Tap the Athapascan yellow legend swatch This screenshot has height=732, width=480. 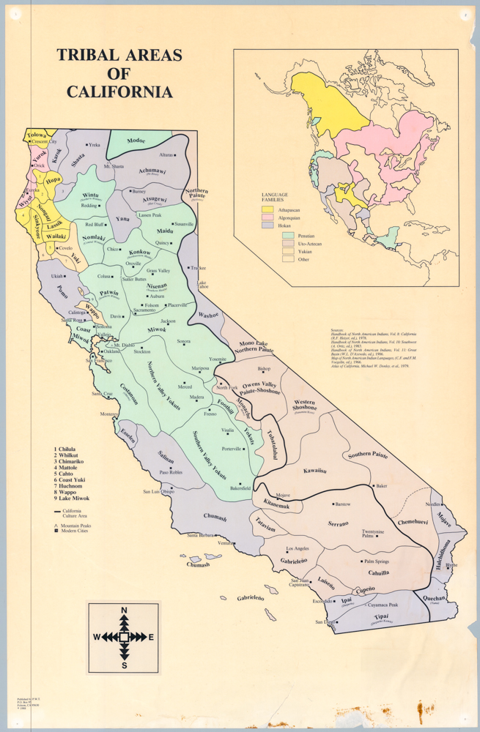point(268,210)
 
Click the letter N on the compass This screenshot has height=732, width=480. point(124,610)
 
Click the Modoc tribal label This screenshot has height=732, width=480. point(136,141)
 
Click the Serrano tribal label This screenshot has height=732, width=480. point(338,523)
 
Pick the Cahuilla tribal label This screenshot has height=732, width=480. point(378,573)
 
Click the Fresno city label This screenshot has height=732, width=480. point(210,414)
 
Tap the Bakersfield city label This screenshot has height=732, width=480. point(239,488)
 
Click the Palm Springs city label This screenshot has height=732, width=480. point(378,561)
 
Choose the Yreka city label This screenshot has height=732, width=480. point(94,146)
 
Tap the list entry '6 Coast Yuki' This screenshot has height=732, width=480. point(70,479)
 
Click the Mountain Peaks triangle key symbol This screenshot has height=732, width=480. point(56,526)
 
